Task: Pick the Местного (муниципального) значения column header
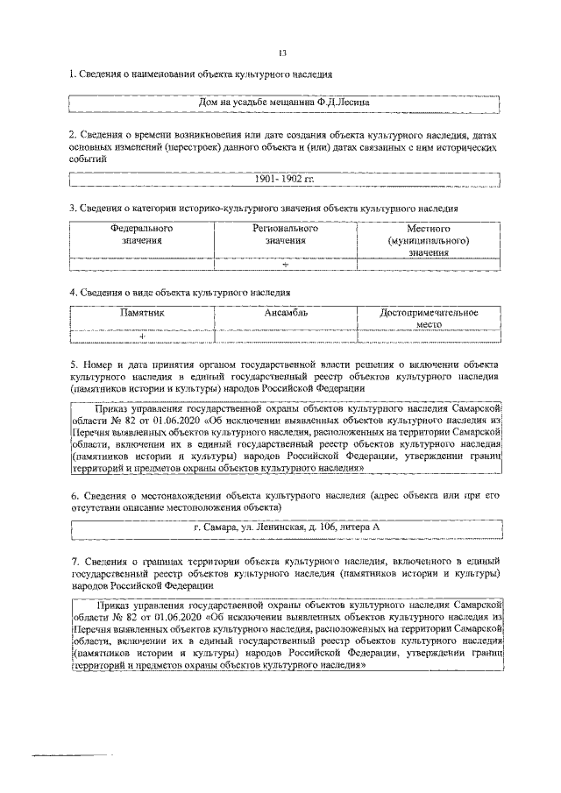tap(428, 240)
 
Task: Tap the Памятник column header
tap(142, 312)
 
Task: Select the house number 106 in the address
tap(325, 527)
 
